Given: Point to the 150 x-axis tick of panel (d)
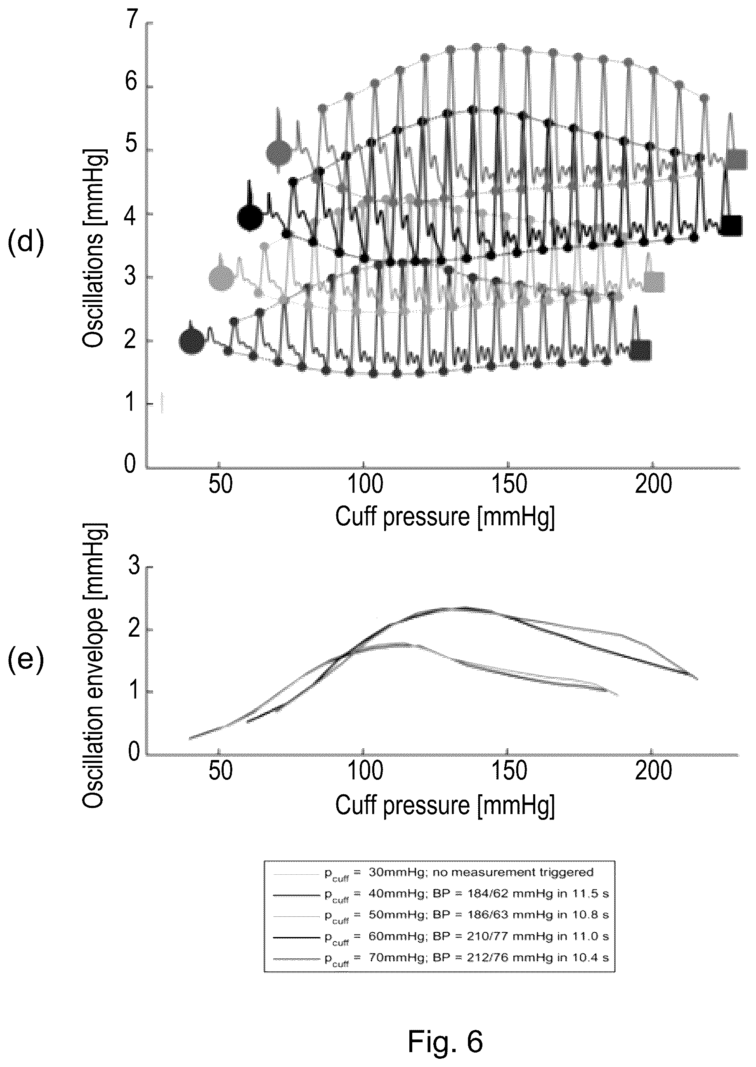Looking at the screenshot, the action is coord(508,484).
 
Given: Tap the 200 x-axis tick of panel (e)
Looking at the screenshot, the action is coord(653,772).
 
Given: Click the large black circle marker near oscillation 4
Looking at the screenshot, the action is coord(250,217).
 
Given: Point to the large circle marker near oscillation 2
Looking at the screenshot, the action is coord(192,341).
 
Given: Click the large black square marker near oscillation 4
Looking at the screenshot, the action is coord(731,226).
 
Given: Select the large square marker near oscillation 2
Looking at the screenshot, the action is coord(641,350).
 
